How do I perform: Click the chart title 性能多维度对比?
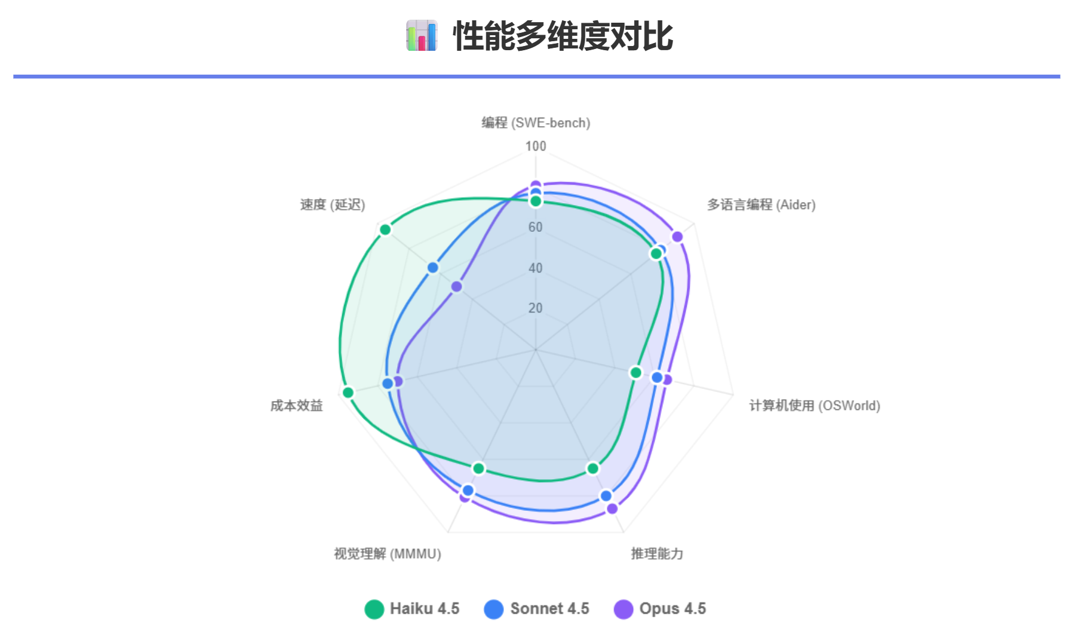pos(563,36)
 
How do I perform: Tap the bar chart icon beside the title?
pos(422,36)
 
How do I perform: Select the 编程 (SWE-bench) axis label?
pos(536,122)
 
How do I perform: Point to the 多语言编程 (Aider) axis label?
pos(761,205)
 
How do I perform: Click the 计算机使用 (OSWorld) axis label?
pos(814,406)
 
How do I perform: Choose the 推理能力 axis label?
pos(657,554)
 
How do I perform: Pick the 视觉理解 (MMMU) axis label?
pos(387,554)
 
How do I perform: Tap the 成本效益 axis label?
pos(296,406)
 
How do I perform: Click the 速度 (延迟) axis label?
pos(332,205)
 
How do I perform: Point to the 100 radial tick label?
pos(536,146)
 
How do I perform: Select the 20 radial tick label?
pos(535,308)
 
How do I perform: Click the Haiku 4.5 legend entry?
pos(412,609)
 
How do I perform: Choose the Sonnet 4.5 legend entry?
pos(536,609)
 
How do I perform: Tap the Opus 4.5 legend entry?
pos(660,609)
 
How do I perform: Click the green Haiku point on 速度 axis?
pos(385,229)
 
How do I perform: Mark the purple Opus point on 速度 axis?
pos(456,287)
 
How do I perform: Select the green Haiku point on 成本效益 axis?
pos(348,393)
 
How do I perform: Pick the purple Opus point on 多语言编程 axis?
pos(677,237)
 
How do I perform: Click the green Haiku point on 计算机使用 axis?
pos(636,373)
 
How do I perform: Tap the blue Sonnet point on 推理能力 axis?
pos(606,496)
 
